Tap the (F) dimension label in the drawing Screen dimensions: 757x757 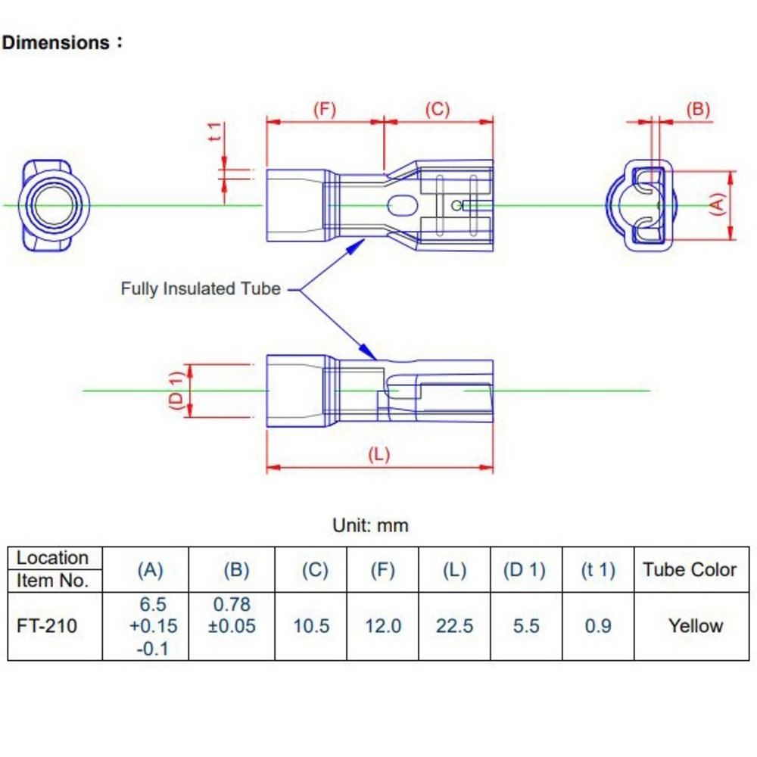[x=324, y=110]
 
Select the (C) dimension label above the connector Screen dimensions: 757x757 [x=438, y=110]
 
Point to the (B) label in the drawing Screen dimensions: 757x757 [x=698, y=110]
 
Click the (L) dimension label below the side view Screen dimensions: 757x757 [x=378, y=455]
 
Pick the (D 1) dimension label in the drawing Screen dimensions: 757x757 [x=176, y=391]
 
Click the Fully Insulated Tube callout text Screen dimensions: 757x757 [x=201, y=288]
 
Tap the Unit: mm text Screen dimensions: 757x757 [x=370, y=525]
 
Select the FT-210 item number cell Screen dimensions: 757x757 [x=47, y=626]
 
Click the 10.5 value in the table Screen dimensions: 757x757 [x=312, y=626]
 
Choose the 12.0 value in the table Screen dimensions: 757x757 [x=382, y=626]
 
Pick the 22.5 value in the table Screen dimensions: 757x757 [x=454, y=626]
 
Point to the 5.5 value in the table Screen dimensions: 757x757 [x=525, y=626]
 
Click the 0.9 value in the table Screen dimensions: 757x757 [x=598, y=626]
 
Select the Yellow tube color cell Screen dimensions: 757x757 [x=695, y=626]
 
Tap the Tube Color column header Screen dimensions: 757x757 [x=690, y=570]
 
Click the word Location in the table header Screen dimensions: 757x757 [x=52, y=558]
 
